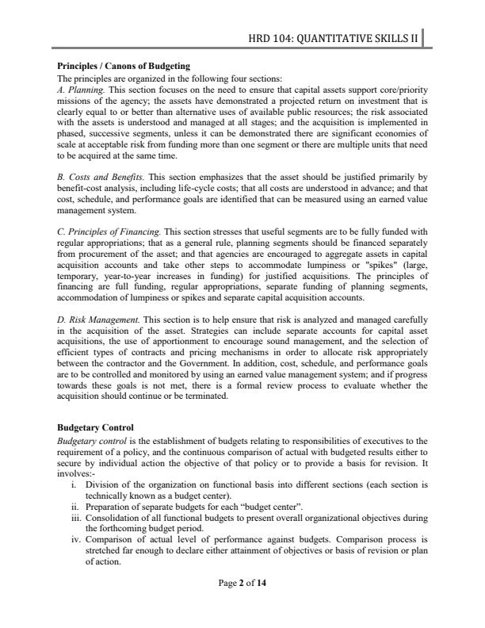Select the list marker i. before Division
pyautogui.click(x=74, y=484)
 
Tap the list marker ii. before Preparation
pyautogui.click(x=73, y=505)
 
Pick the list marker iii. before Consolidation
pyautogui.click(x=72, y=516)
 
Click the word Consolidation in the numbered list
pyautogui.click(x=112, y=516)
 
